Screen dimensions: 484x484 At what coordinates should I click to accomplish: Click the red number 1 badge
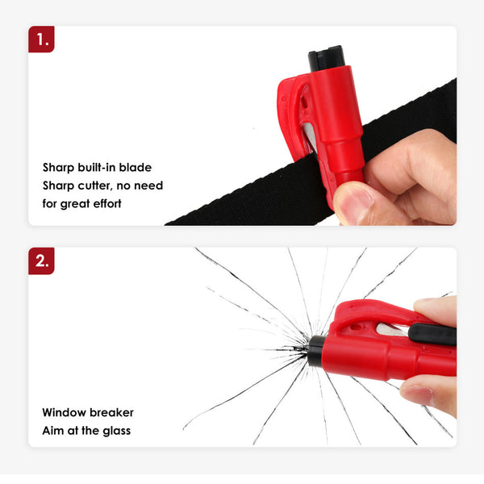pyautogui.click(x=41, y=40)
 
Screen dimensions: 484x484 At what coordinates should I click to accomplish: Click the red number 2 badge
pyautogui.click(x=41, y=261)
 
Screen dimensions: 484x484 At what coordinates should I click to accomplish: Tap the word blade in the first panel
pyautogui.click(x=136, y=167)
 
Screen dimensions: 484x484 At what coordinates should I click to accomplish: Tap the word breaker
pyautogui.click(x=112, y=412)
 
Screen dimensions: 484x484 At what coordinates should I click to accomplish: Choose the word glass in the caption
pyautogui.click(x=117, y=431)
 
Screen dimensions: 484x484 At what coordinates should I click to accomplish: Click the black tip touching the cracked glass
pyautogui.click(x=315, y=351)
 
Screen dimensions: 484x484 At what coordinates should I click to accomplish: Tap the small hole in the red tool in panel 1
pyautogui.click(x=304, y=102)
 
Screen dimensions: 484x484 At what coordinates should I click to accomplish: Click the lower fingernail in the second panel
pyautogui.click(x=417, y=395)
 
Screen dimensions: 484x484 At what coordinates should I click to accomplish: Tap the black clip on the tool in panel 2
pyautogui.click(x=432, y=334)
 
